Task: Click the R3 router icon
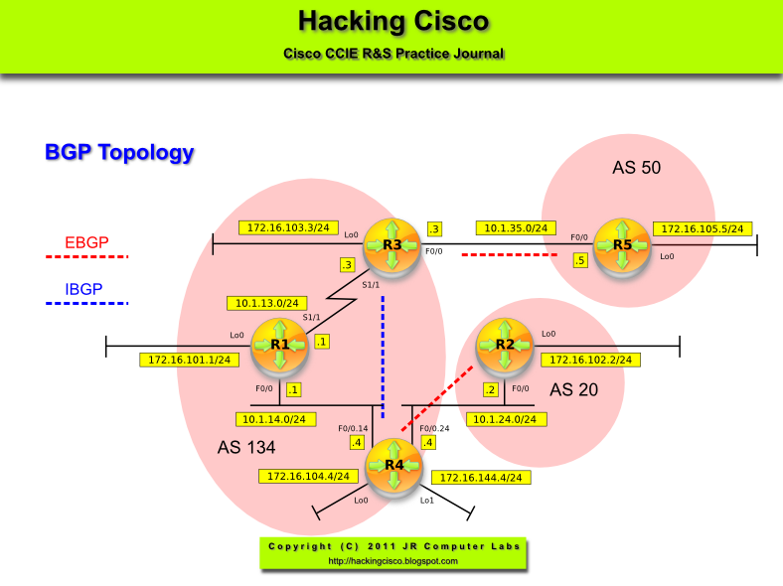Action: point(391,244)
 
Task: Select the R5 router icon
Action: point(622,244)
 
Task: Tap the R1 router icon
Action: point(279,345)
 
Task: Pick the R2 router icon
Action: point(505,345)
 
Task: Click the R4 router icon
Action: point(394,465)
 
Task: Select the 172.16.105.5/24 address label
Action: point(703,228)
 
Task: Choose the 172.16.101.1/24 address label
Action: point(189,360)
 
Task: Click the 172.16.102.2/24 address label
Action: point(590,360)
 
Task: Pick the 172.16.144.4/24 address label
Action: point(480,478)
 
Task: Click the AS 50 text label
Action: point(636,168)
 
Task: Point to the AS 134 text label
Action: point(246,448)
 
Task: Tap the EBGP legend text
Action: point(86,241)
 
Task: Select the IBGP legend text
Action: point(84,289)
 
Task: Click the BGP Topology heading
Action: point(119,152)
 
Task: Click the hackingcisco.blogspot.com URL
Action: point(392,561)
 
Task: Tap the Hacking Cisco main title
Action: point(392,21)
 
